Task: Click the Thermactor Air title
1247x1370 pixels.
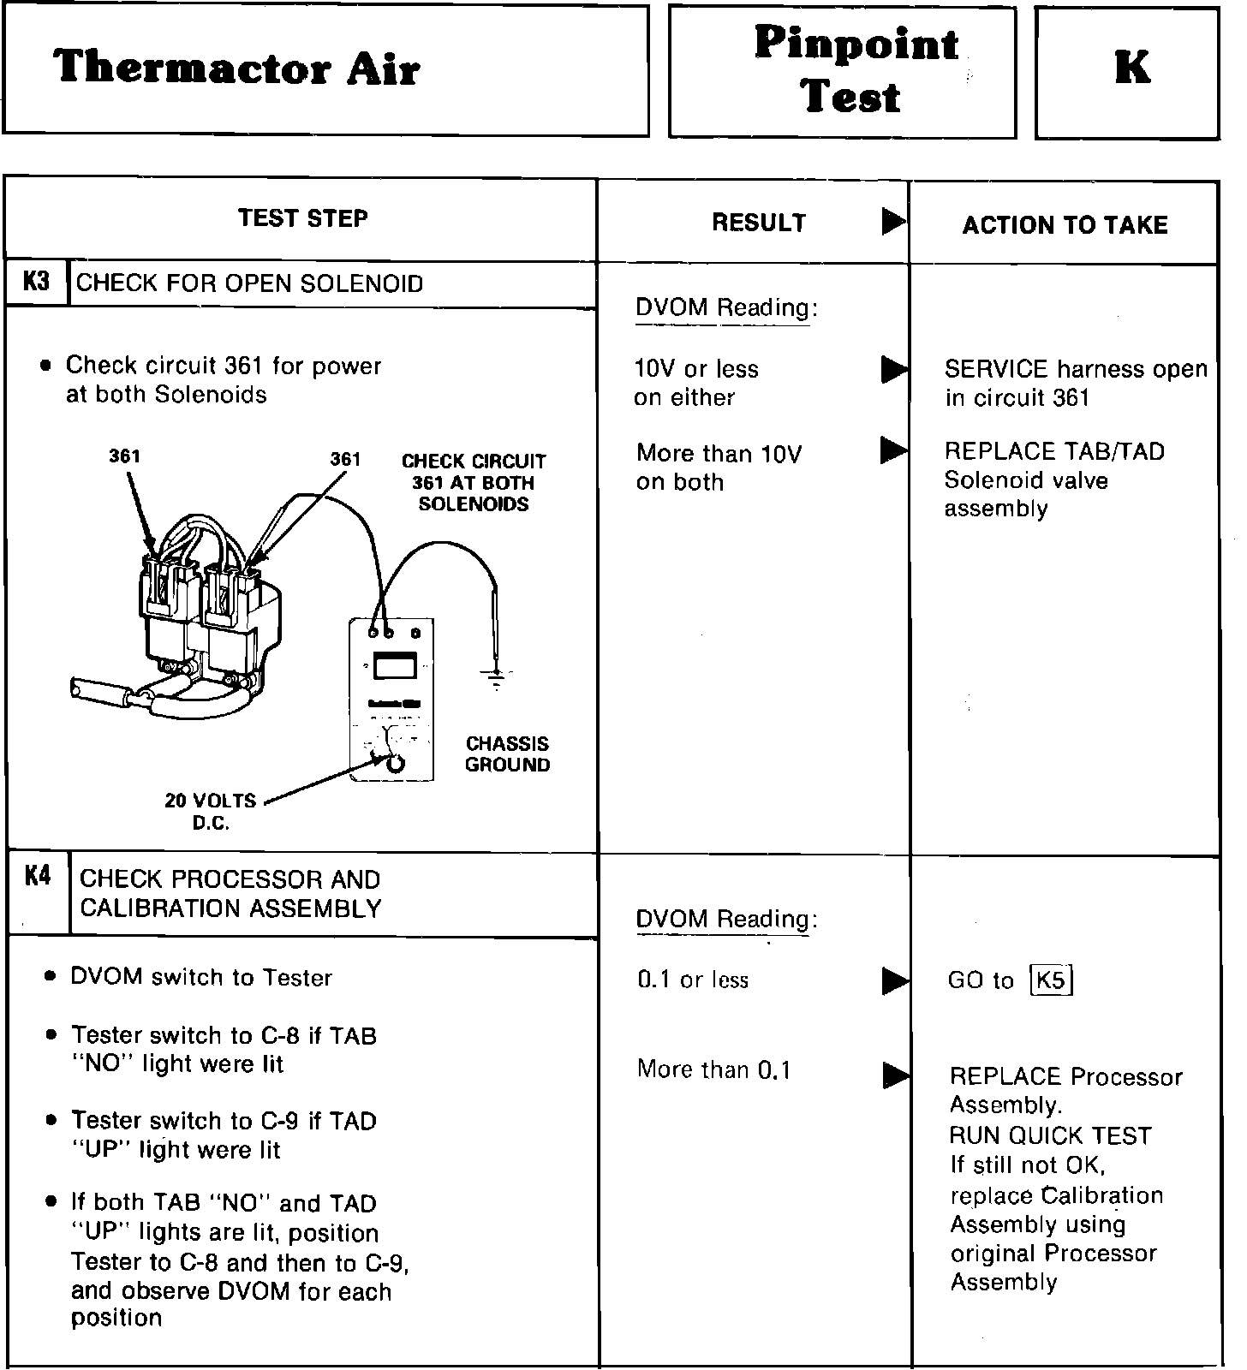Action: pos(236,68)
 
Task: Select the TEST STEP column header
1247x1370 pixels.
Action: pos(302,218)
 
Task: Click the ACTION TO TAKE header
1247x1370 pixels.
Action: pos(1065,225)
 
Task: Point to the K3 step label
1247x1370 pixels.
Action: pos(36,282)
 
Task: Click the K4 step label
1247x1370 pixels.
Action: pos(38,876)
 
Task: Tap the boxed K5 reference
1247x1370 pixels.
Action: pos(1051,980)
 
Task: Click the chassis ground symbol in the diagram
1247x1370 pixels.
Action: pos(493,676)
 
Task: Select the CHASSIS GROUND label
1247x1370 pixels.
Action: pos(507,754)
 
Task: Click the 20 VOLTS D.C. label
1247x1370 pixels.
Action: pos(211,812)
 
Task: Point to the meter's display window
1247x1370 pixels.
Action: pos(395,666)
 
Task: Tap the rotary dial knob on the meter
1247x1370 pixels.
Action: pos(395,764)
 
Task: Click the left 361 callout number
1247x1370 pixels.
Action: pos(124,456)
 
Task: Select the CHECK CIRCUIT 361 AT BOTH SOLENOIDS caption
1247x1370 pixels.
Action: pos(474,483)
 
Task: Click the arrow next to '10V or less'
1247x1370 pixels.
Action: pos(893,370)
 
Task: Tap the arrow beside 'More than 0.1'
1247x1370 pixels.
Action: pos(895,1075)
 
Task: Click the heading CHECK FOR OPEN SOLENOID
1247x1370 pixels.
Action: pos(249,283)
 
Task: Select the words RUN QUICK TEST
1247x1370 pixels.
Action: pos(1050,1136)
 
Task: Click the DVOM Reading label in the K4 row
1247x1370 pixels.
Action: pos(726,919)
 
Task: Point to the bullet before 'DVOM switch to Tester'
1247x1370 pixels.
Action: pos(52,976)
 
